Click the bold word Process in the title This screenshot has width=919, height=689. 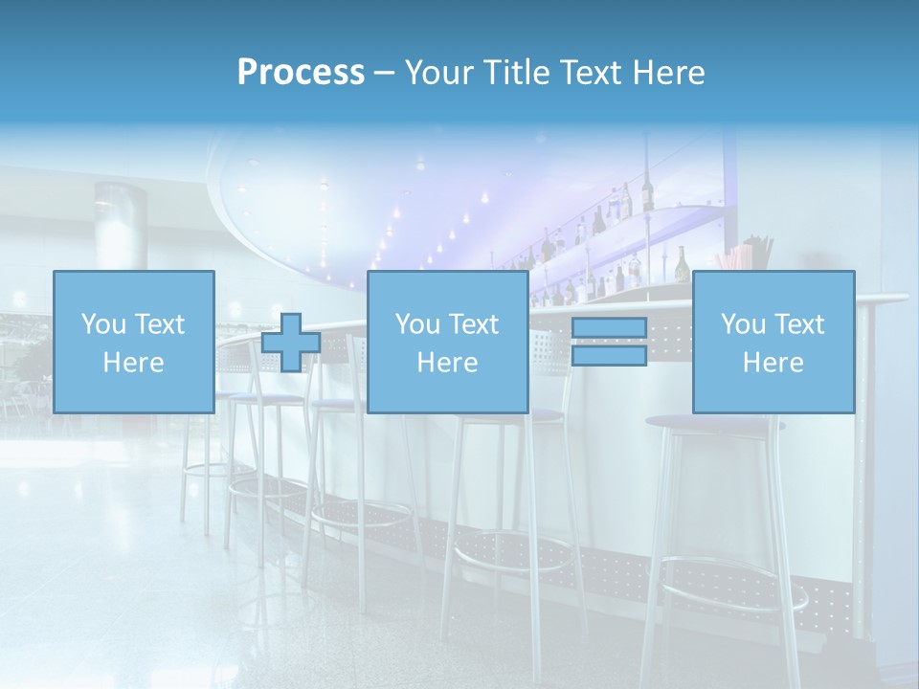(x=301, y=73)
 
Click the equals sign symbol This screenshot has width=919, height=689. (x=609, y=342)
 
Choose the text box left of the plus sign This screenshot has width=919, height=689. (x=133, y=342)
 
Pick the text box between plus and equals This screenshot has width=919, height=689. (x=447, y=342)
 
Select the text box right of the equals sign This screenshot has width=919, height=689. (x=773, y=342)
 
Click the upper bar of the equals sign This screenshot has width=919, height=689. (x=609, y=328)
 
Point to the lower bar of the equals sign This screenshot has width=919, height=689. (x=609, y=355)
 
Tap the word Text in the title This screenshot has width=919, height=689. (x=591, y=73)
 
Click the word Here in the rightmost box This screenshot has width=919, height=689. (x=773, y=363)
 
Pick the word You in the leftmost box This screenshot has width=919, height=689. (x=101, y=324)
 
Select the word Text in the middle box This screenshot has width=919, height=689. (x=474, y=324)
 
